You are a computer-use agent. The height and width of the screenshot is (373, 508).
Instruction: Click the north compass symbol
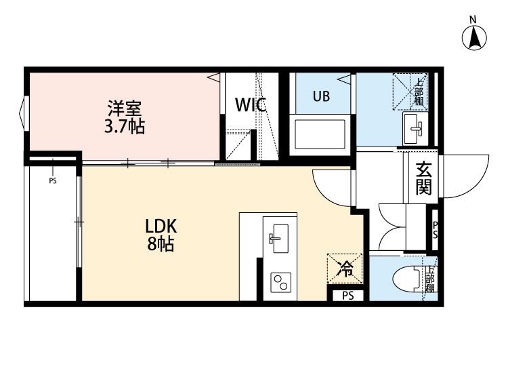click(475, 37)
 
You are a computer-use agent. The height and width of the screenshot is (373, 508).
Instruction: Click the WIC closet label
click(250, 105)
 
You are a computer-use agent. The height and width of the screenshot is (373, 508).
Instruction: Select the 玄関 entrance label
click(424, 178)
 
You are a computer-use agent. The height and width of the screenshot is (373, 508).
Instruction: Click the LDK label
click(161, 226)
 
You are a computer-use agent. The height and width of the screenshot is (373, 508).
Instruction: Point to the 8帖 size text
click(161, 244)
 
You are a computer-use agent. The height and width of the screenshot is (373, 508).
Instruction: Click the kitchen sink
click(276, 236)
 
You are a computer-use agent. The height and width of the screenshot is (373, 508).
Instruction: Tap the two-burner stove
click(280, 283)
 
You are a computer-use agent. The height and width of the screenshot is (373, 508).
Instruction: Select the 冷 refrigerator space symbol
click(345, 269)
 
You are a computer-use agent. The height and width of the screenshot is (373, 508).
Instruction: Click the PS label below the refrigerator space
click(347, 295)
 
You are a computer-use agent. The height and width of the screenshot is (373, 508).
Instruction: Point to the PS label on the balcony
click(53, 181)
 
